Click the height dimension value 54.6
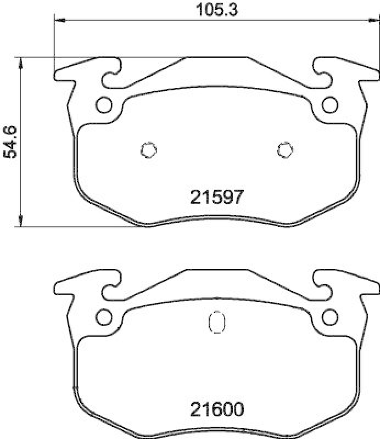pyautogui.click(x=12, y=142)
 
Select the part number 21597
pyautogui.click(x=216, y=197)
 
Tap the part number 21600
pyautogui.click(x=216, y=409)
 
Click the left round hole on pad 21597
pyautogui.click(x=103, y=104)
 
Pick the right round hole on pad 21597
pyautogui.click(x=329, y=104)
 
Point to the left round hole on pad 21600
pyautogui.click(x=103, y=317)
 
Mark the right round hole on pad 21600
pyautogui.click(x=329, y=317)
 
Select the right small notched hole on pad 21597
pyautogui.click(x=284, y=149)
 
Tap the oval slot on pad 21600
pyautogui.click(x=216, y=322)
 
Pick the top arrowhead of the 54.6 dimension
pyautogui.click(x=21, y=62)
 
